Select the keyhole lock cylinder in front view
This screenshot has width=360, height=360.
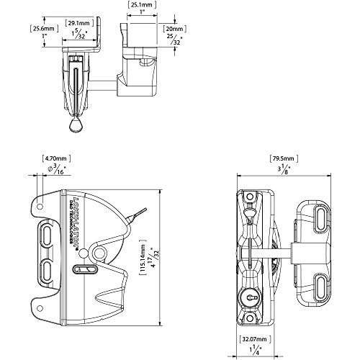point(250,297)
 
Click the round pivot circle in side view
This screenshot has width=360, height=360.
point(86,253)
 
